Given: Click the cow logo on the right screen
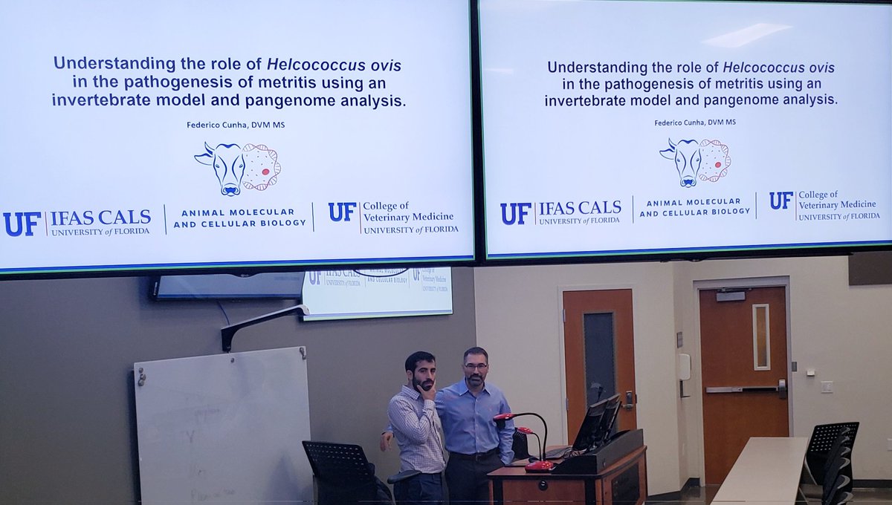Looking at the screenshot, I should tap(695, 161).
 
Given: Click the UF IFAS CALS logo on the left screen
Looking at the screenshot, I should tap(77, 222).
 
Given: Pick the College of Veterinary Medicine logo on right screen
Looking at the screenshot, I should tap(824, 206).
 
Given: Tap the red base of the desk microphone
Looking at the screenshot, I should tap(539, 466).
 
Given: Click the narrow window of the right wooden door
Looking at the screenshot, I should tap(760, 336).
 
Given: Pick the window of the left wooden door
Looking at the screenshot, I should tap(598, 356).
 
